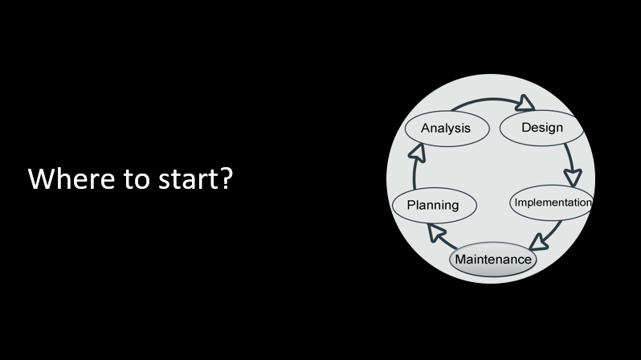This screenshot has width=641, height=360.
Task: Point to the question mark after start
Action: pos(226,178)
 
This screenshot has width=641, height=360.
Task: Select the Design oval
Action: pos(542,128)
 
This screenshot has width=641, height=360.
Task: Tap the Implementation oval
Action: pos(552,202)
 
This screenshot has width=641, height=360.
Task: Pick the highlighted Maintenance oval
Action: pos(492,260)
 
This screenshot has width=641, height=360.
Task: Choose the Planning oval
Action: pos(433,205)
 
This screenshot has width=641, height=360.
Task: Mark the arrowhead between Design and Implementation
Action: pos(574,175)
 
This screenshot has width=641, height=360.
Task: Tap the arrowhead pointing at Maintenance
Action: pos(540,239)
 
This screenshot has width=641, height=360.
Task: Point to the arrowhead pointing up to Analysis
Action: pos(415,150)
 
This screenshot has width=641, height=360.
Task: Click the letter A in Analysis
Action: pos(426,129)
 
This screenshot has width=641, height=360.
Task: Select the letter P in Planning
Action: pos(411,205)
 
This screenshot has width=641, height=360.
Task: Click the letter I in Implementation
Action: pos(516,202)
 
